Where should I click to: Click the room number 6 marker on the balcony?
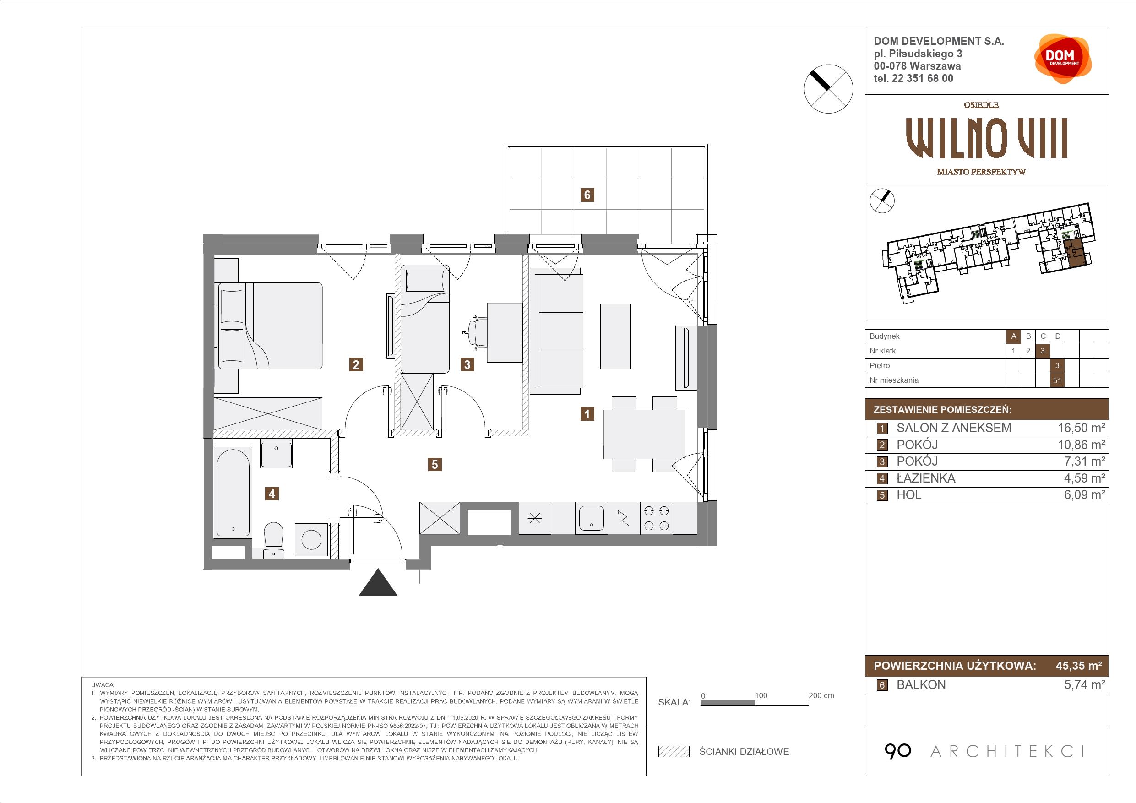(587, 195)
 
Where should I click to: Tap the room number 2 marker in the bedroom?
(356, 364)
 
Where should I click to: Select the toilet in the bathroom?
(274, 540)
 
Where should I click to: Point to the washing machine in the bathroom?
(312, 540)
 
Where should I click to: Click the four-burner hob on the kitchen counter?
(657, 518)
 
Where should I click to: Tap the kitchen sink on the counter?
(591, 518)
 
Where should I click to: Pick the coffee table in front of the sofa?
(615, 336)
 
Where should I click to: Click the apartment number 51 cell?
(1057, 380)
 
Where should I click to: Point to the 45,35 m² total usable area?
(1079, 666)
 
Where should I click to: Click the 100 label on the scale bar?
(761, 695)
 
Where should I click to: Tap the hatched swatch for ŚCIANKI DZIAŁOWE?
(674, 752)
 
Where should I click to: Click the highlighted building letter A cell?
(1013, 336)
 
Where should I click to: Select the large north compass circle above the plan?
(829, 89)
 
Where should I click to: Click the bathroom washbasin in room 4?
(277, 454)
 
